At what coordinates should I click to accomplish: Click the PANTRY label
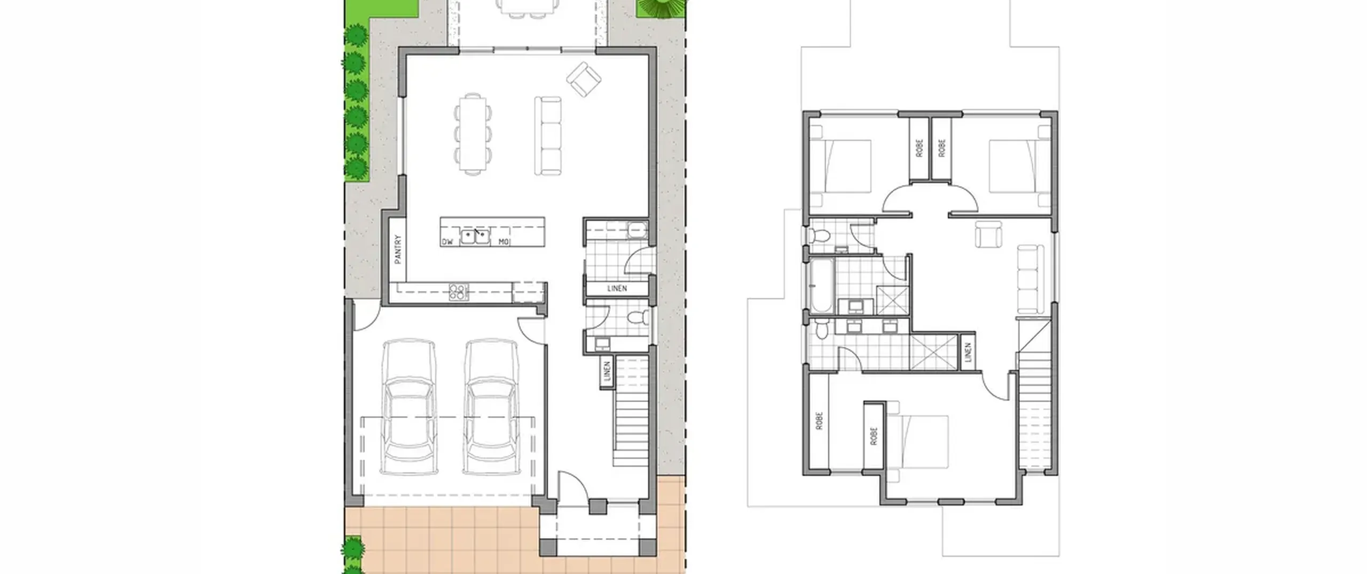[x=398, y=249]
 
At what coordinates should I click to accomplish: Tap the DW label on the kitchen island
[x=447, y=242]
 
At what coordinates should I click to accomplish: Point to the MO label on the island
[x=504, y=242]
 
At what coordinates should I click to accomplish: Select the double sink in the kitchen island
[x=475, y=236]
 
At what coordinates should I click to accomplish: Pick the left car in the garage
[x=408, y=407]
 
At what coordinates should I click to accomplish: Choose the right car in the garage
[x=491, y=407]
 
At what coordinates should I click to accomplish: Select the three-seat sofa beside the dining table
[x=548, y=136]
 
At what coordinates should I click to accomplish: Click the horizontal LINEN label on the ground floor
[x=617, y=288]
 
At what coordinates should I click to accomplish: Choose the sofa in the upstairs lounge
[x=1031, y=279]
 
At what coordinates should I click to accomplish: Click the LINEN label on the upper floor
[x=968, y=351]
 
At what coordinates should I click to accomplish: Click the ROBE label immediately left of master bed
[x=874, y=436]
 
